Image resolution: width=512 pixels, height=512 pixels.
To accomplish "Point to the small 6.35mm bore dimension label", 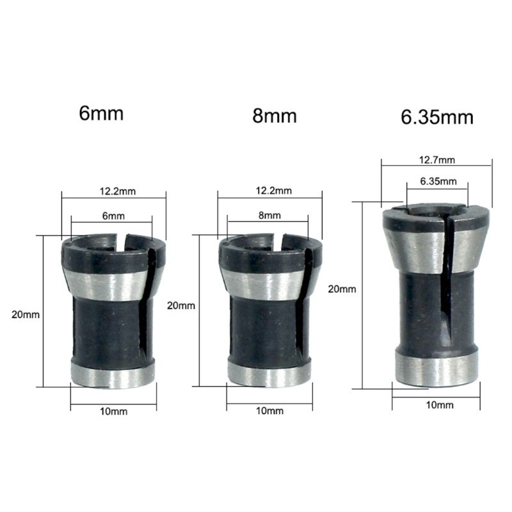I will click(x=438, y=181).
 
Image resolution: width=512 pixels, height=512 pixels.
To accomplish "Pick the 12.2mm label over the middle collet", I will click(x=273, y=191).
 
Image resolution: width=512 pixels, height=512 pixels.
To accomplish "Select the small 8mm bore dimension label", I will click(x=269, y=216).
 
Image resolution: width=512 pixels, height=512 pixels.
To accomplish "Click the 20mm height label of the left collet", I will click(x=26, y=314).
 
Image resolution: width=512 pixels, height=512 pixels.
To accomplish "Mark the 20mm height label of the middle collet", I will click(x=180, y=305).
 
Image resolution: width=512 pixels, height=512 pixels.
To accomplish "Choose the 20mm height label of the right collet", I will click(x=341, y=289).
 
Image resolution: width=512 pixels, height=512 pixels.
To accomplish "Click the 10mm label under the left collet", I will click(x=114, y=412).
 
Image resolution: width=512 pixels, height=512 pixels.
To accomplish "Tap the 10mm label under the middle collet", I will click(x=269, y=410).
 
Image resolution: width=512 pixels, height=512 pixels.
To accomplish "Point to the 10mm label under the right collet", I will click(x=439, y=405).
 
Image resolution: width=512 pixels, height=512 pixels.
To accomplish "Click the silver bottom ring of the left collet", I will click(x=113, y=374).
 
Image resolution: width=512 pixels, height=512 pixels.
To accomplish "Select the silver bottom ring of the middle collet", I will click(x=269, y=374).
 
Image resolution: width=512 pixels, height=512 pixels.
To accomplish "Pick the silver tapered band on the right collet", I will click(x=416, y=250).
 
